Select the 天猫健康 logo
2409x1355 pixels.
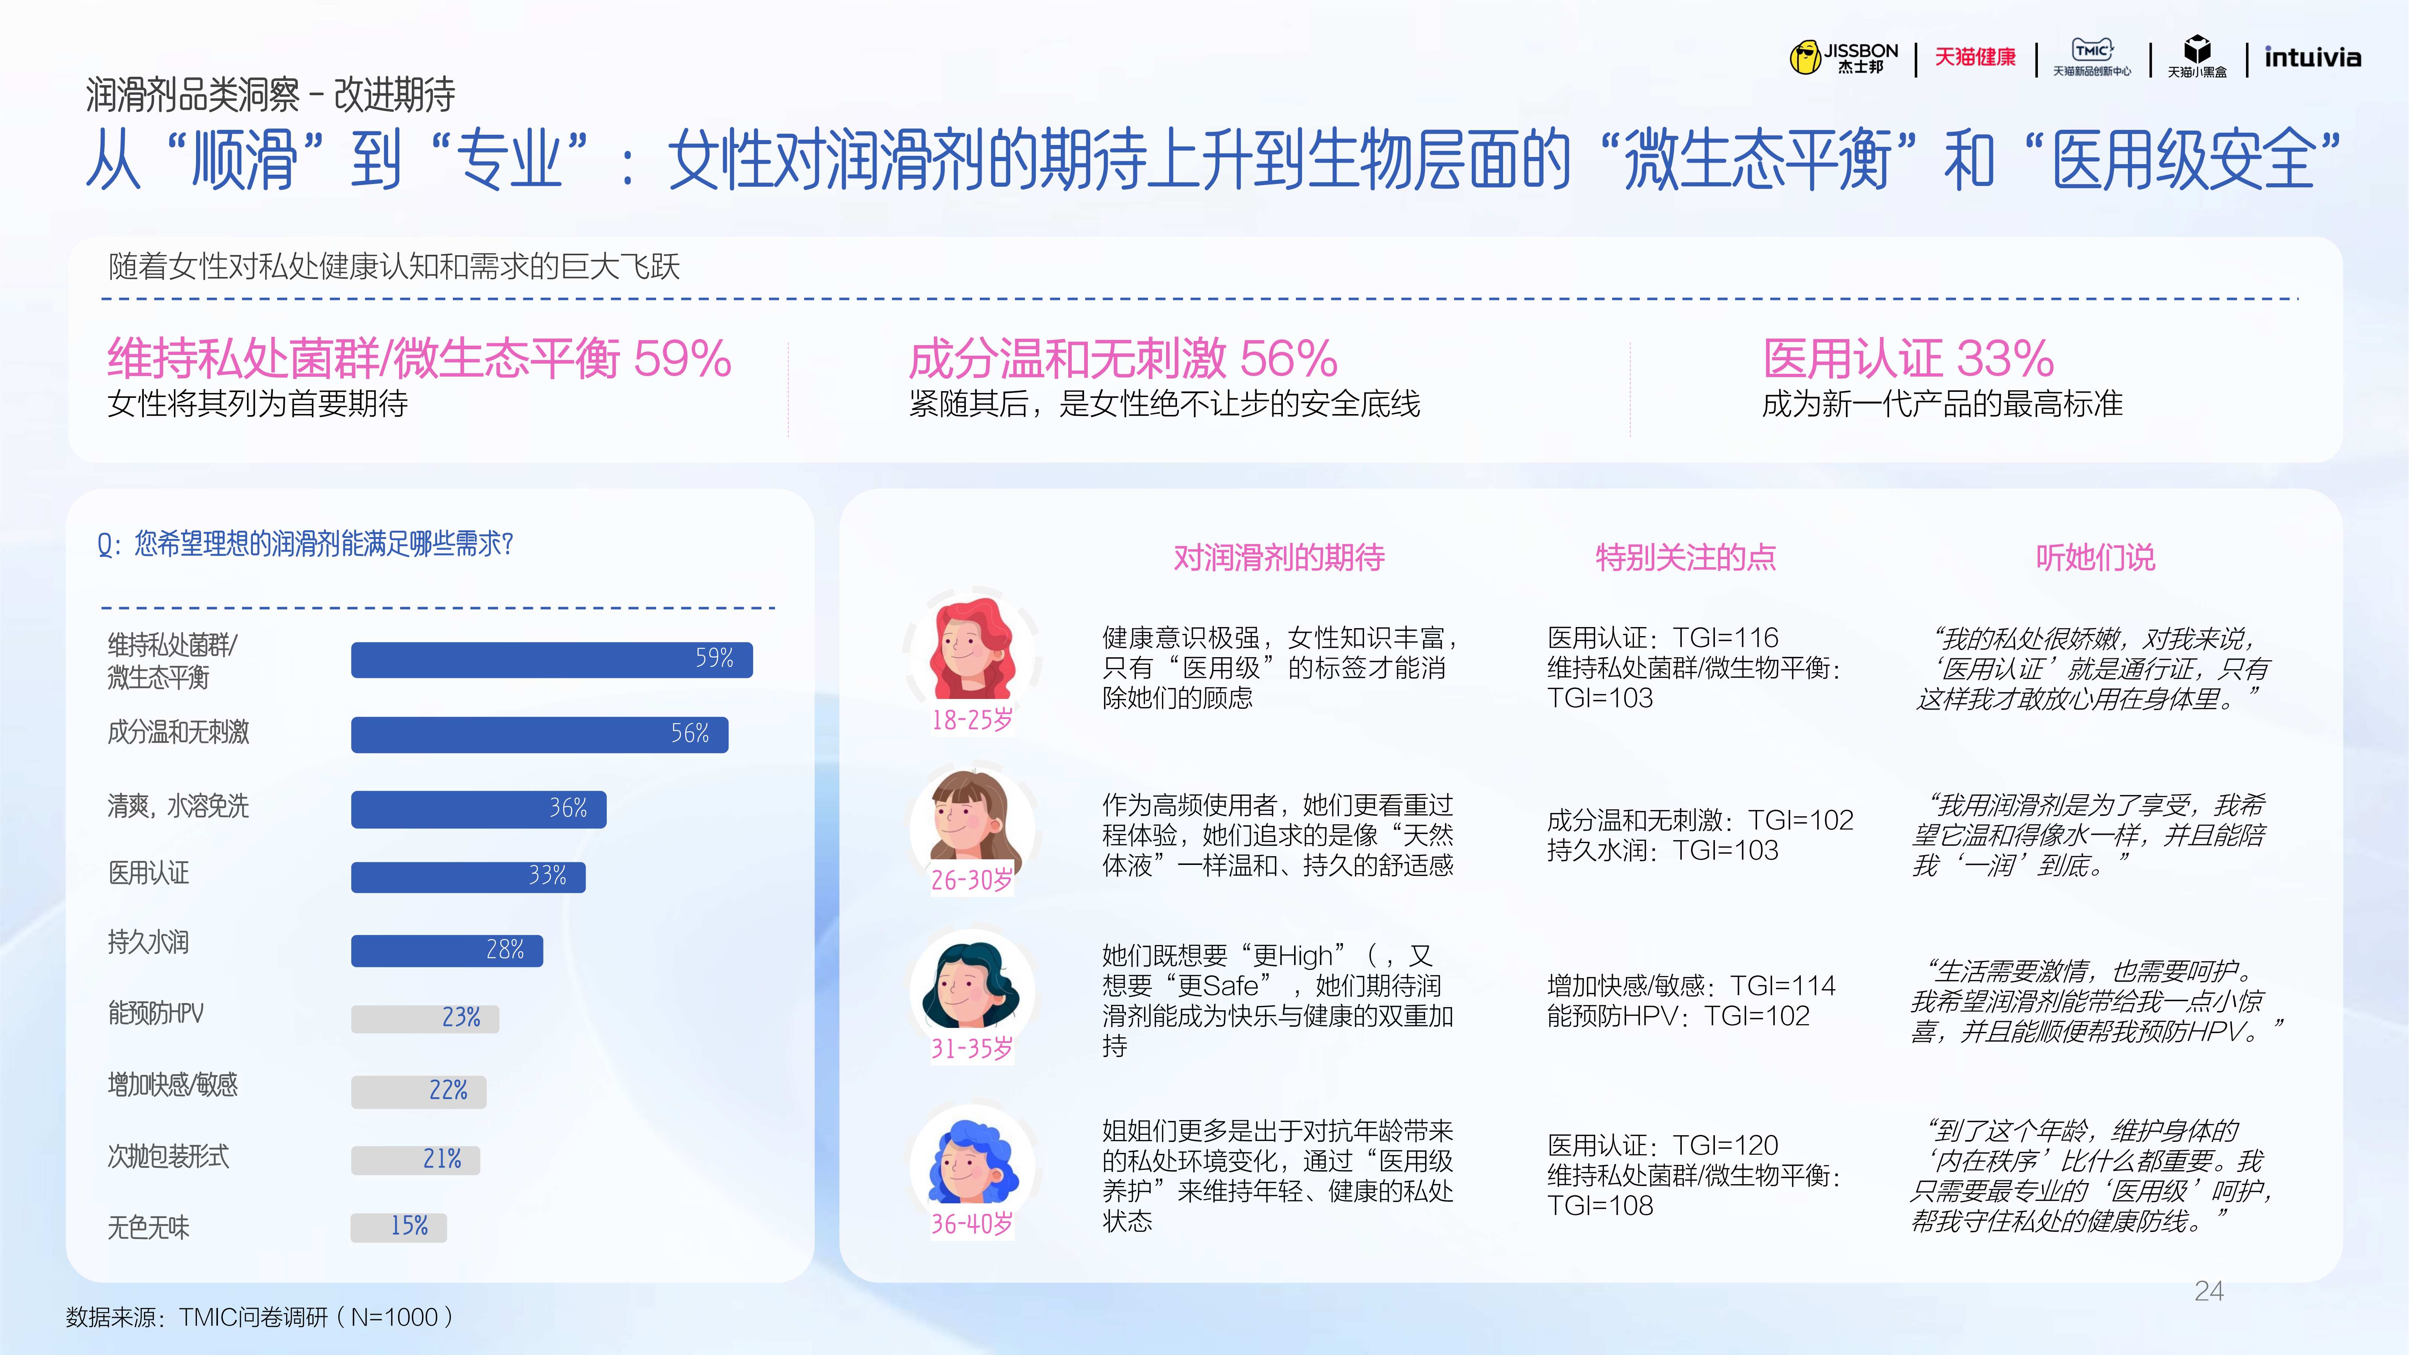click(x=1975, y=57)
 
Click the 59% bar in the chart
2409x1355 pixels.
click(x=552, y=659)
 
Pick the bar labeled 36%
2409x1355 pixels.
click(x=479, y=809)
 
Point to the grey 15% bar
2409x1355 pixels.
click(x=398, y=1227)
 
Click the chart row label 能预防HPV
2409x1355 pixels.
click(x=155, y=1013)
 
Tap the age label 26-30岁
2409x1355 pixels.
click(x=972, y=880)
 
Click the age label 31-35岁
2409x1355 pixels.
click(x=972, y=1048)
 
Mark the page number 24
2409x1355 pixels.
click(x=2209, y=1291)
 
